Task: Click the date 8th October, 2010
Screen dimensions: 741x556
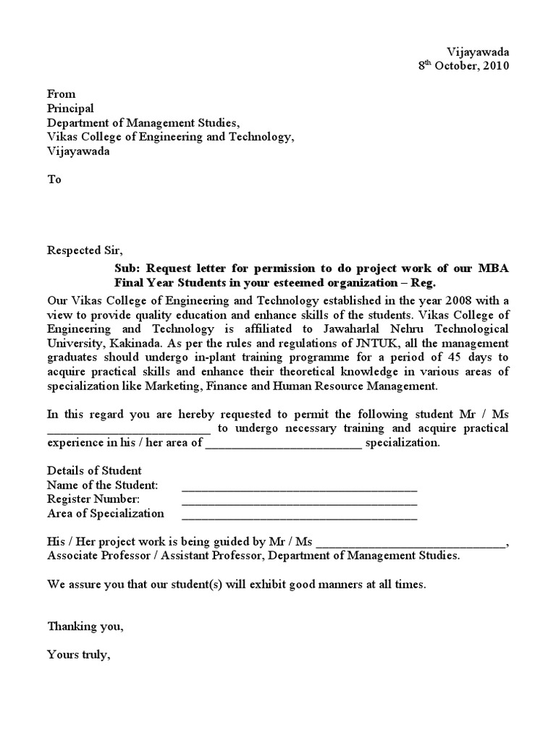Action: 464,66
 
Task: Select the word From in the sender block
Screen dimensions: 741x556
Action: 61,94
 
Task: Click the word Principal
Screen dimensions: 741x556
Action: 70,109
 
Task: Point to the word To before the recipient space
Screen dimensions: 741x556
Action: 54,180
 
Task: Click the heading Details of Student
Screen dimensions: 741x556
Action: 94,470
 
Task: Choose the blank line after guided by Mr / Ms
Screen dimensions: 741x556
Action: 411,543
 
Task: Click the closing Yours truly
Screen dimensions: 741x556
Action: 78,655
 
